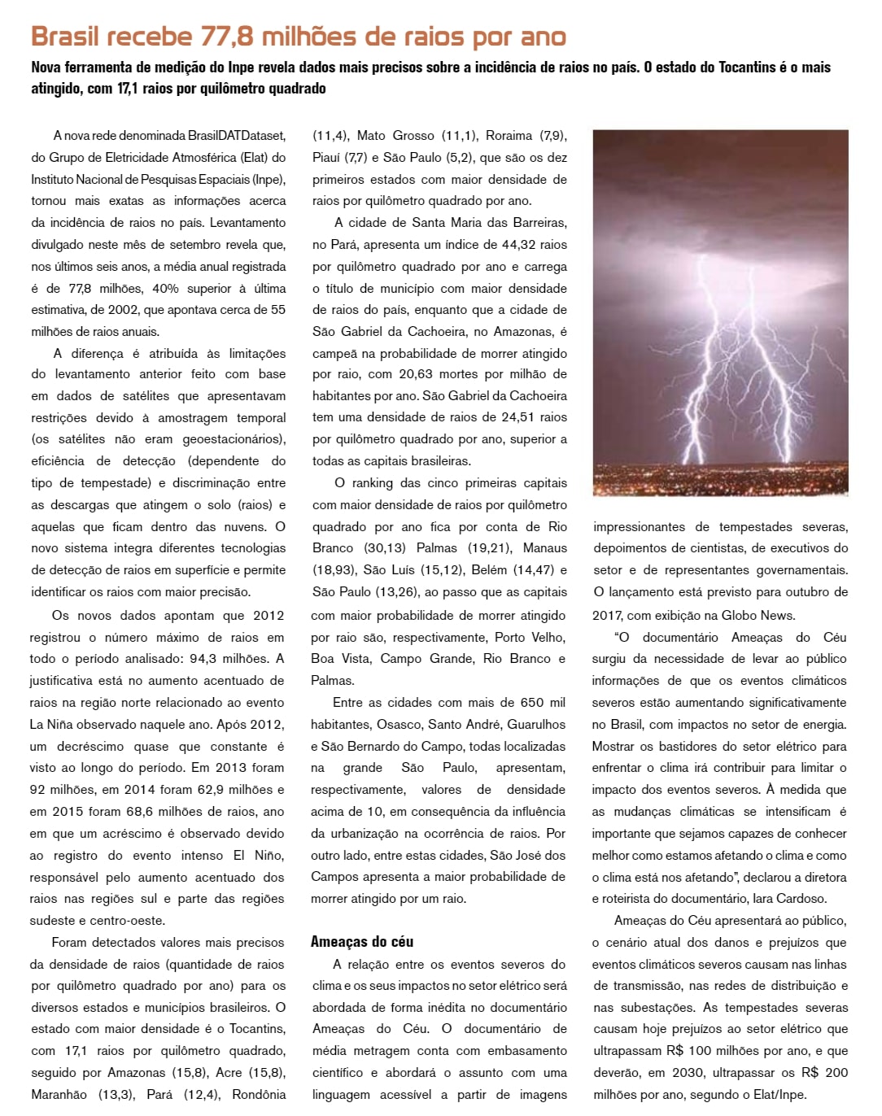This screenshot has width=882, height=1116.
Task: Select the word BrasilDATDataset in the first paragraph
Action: [237, 136]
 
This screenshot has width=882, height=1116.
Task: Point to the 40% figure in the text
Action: [165, 289]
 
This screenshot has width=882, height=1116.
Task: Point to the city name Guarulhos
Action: [536, 725]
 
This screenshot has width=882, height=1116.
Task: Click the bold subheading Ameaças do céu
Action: [362, 942]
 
